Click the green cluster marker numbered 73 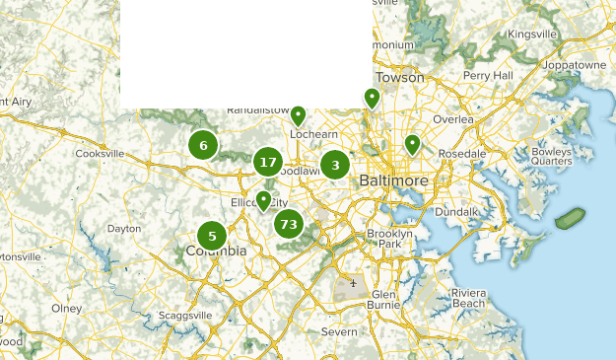pos(288,224)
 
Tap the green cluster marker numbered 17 pos(267,162)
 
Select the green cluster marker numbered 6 pos(203,146)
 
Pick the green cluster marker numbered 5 pos(212,236)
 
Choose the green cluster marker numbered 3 pos(335,166)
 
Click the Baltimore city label pos(393,181)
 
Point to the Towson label pos(399,77)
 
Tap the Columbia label pos(216,252)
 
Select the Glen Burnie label pos(382,300)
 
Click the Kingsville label pos(532,35)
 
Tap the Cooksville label pos(101,154)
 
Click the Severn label pos(339,332)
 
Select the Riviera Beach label pos(468,299)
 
